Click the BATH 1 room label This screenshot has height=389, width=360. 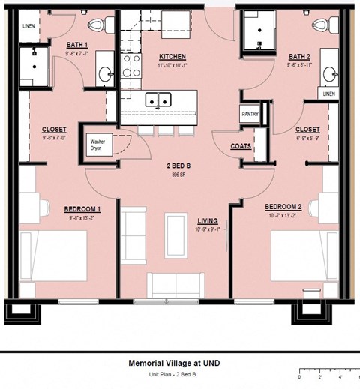click(x=76, y=45)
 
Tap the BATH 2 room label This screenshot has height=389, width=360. click(x=300, y=56)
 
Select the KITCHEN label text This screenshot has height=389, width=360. click(x=172, y=57)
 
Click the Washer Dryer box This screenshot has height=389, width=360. click(x=97, y=144)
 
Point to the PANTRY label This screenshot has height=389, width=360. click(x=250, y=114)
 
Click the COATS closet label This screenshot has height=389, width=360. click(x=241, y=146)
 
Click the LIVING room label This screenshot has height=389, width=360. click(x=207, y=221)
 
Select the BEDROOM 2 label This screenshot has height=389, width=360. click(x=283, y=206)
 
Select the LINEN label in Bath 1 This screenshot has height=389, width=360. click(x=28, y=26)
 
